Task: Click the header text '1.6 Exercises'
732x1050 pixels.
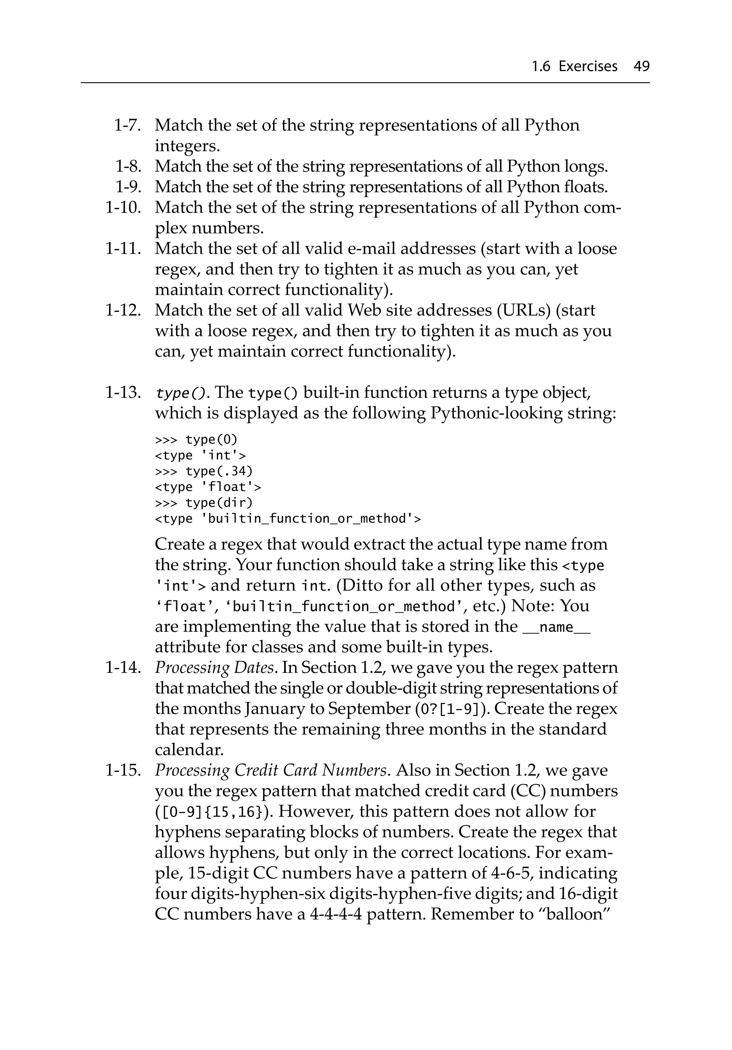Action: pos(574,67)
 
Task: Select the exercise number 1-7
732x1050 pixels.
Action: pos(127,125)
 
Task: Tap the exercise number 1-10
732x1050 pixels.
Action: pos(123,208)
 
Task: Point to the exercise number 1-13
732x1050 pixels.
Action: pos(123,392)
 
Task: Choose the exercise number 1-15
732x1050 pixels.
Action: pos(123,770)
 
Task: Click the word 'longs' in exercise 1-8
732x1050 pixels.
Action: pos(585,167)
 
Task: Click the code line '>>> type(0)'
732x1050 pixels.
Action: pos(196,440)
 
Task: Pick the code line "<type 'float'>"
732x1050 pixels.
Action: pos(208,487)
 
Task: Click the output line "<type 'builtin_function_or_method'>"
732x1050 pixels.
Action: pos(288,519)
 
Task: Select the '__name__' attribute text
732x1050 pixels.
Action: pos(556,627)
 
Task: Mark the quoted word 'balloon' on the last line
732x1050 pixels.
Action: pos(576,915)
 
